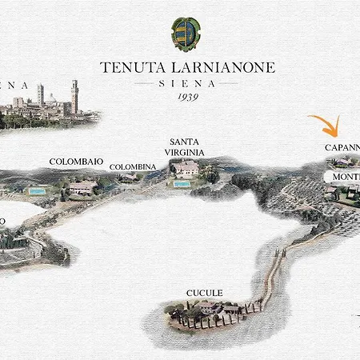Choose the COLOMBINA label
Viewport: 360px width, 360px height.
point(133,166)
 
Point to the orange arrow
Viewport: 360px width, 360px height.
point(327,126)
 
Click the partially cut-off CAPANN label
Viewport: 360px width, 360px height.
point(342,147)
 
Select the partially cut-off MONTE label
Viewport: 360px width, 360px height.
point(346,175)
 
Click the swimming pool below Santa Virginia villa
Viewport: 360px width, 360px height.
point(182,184)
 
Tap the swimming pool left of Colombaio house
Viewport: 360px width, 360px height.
point(37,191)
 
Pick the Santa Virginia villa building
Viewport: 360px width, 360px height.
point(187,168)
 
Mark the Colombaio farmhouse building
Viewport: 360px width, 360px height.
point(82,186)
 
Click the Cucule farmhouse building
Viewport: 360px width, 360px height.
point(210,306)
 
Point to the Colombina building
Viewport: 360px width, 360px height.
point(128,178)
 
